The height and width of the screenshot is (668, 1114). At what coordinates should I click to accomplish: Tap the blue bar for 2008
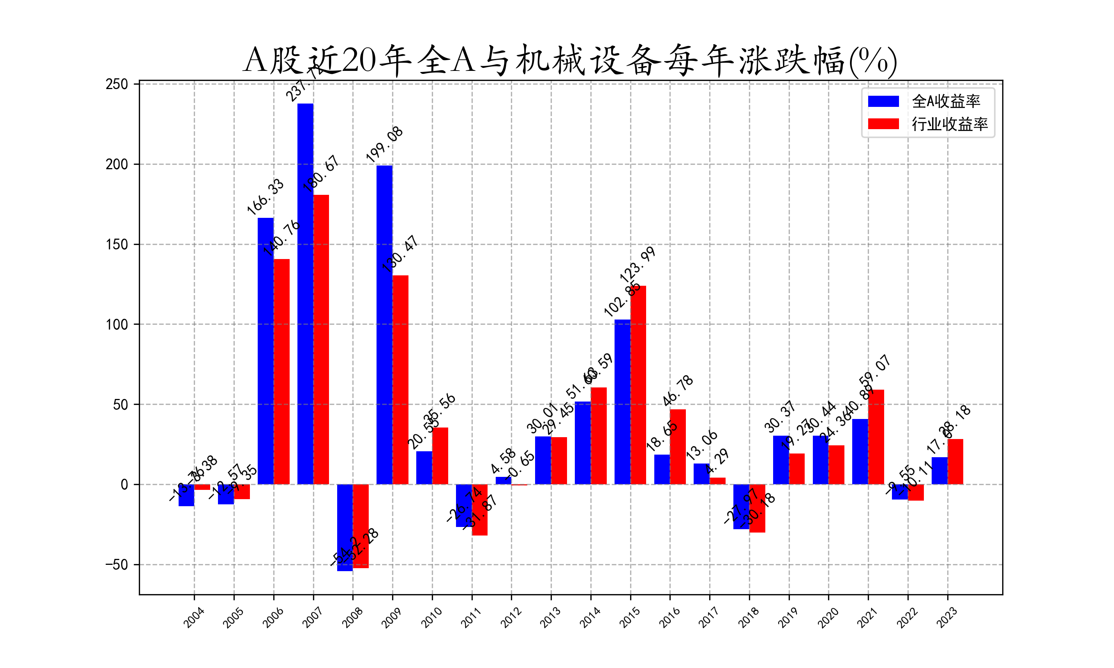[345, 527]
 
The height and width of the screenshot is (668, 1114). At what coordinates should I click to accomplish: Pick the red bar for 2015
[638, 385]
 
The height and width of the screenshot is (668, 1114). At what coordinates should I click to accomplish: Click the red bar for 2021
[876, 437]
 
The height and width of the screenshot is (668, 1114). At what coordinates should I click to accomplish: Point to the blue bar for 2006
[266, 351]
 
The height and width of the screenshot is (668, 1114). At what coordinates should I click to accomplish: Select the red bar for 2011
[479, 510]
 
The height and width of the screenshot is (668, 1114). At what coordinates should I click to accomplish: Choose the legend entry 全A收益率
[945, 101]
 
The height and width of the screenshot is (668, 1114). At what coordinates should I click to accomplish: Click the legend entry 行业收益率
[949, 124]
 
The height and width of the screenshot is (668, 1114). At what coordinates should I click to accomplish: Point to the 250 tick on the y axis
[117, 84]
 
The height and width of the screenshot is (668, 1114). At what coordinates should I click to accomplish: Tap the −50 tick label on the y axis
[117, 564]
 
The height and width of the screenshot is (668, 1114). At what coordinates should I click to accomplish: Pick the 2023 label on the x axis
[947, 617]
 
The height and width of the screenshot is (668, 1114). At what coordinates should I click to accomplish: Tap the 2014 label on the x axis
[590, 617]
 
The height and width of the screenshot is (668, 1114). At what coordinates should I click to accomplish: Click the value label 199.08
[384, 145]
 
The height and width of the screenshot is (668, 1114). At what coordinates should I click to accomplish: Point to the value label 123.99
[637, 265]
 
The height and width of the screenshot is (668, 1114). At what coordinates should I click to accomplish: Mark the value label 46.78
[677, 390]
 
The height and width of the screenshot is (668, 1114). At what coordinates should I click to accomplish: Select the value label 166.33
[265, 197]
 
